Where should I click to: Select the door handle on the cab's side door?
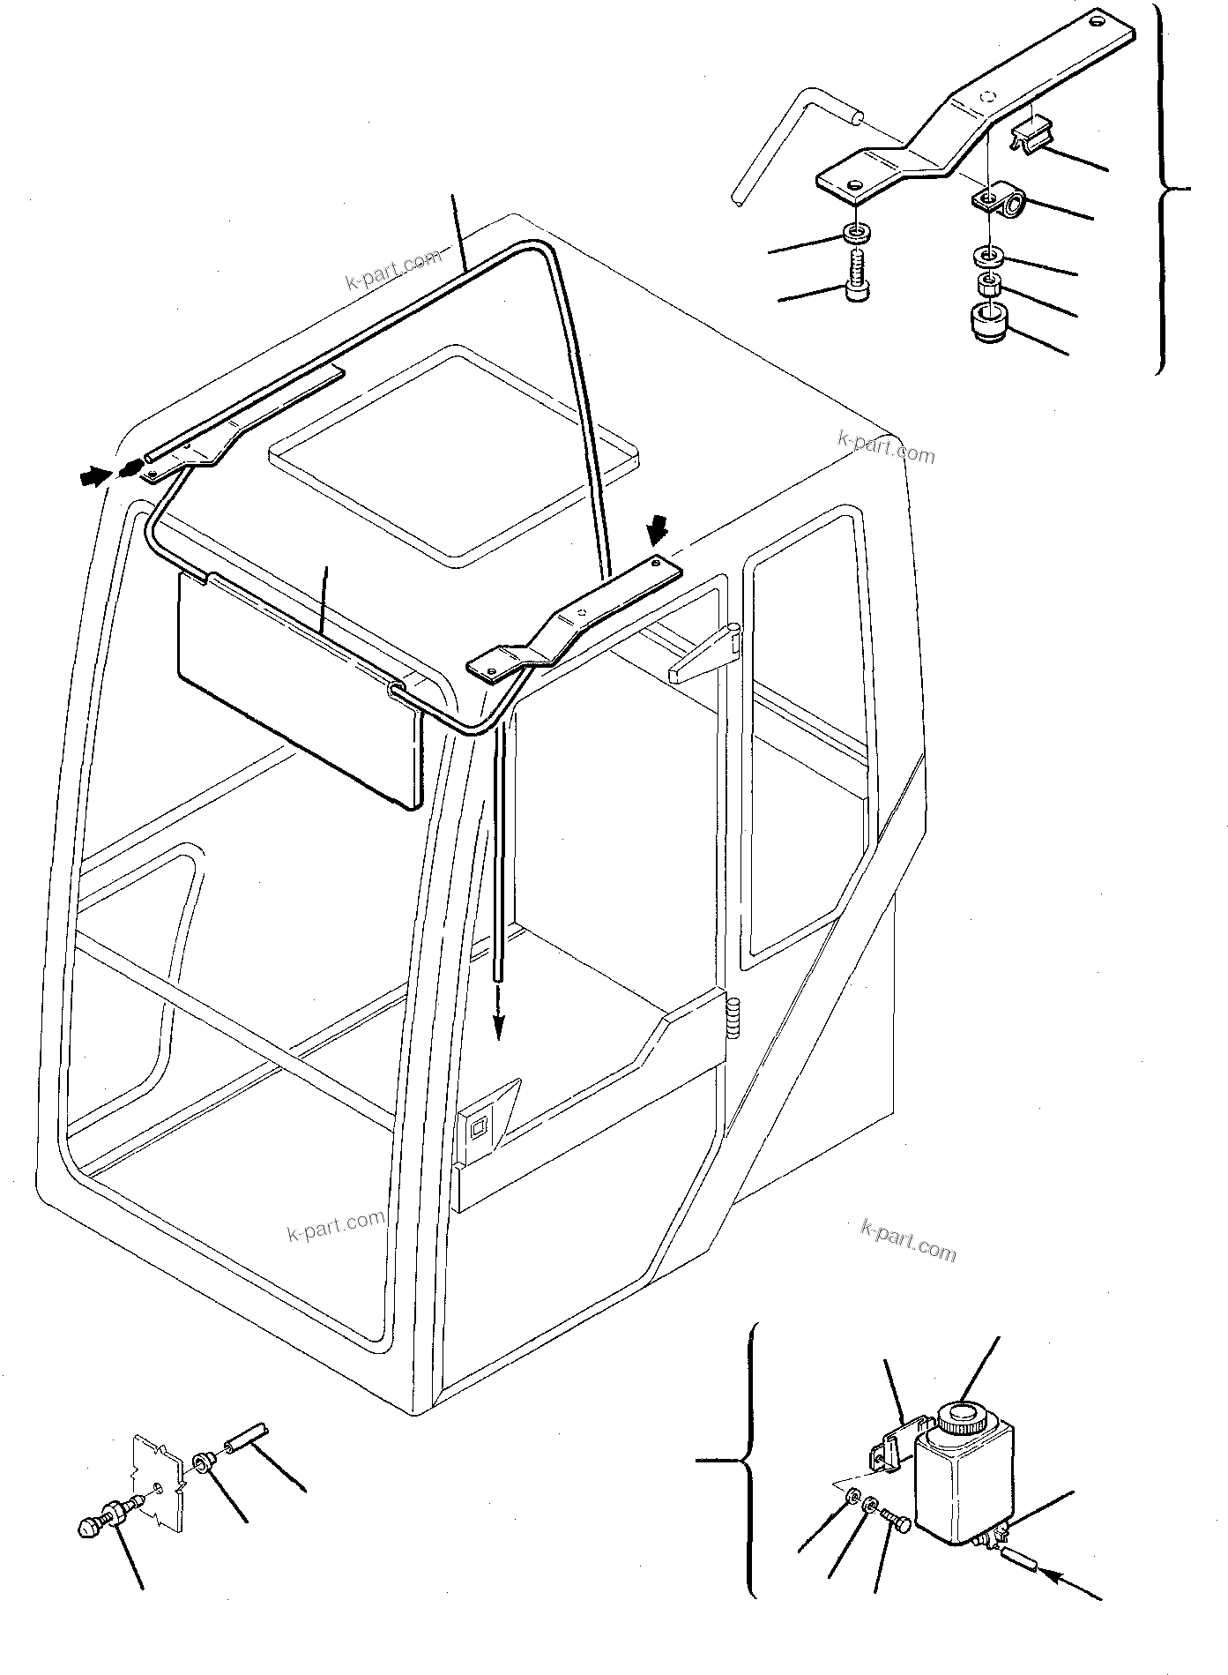pyautogui.click(x=706, y=653)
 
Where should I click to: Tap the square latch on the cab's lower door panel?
pyautogui.click(x=479, y=1126)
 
